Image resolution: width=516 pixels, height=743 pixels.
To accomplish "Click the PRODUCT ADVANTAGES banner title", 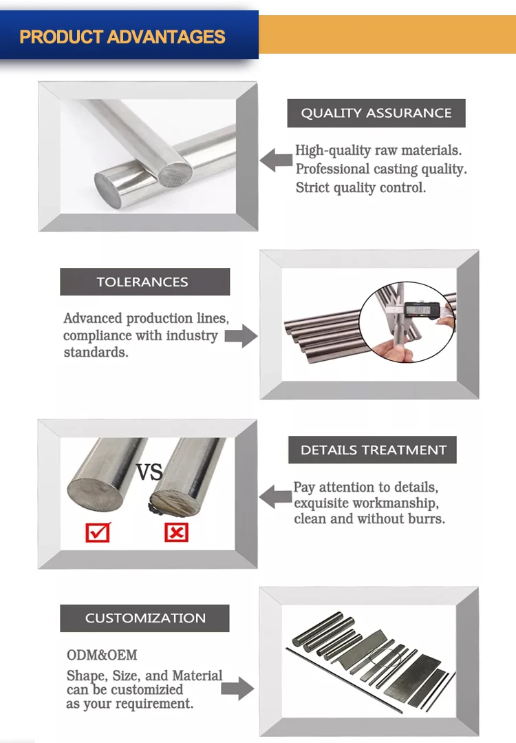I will [122, 36].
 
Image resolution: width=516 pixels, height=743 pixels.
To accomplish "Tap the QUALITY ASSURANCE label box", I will [376, 113].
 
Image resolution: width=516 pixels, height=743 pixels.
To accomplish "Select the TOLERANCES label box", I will [144, 282].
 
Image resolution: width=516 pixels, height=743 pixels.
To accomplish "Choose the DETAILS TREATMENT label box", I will [373, 450].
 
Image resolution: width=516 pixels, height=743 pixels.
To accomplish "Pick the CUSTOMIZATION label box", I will [144, 618].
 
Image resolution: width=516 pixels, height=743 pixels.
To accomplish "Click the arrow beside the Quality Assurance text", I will [275, 160].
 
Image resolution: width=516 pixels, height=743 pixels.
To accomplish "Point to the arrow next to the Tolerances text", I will [240, 336].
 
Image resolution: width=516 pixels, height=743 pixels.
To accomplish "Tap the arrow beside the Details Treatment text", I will [275, 496].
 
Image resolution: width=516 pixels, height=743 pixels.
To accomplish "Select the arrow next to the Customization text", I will [238, 687].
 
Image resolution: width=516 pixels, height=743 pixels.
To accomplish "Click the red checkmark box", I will [97, 532].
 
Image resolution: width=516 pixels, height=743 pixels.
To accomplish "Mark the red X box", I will [176, 532].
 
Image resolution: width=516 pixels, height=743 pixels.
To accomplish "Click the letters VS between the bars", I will [149, 472].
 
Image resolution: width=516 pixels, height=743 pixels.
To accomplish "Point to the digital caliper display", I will [417, 310].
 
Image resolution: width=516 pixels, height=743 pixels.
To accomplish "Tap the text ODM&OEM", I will [102, 654].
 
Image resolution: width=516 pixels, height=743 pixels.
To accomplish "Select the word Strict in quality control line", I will [314, 187].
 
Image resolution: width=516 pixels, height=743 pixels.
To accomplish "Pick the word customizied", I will [147, 689].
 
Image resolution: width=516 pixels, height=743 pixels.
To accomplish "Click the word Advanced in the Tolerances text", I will [94, 318].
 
